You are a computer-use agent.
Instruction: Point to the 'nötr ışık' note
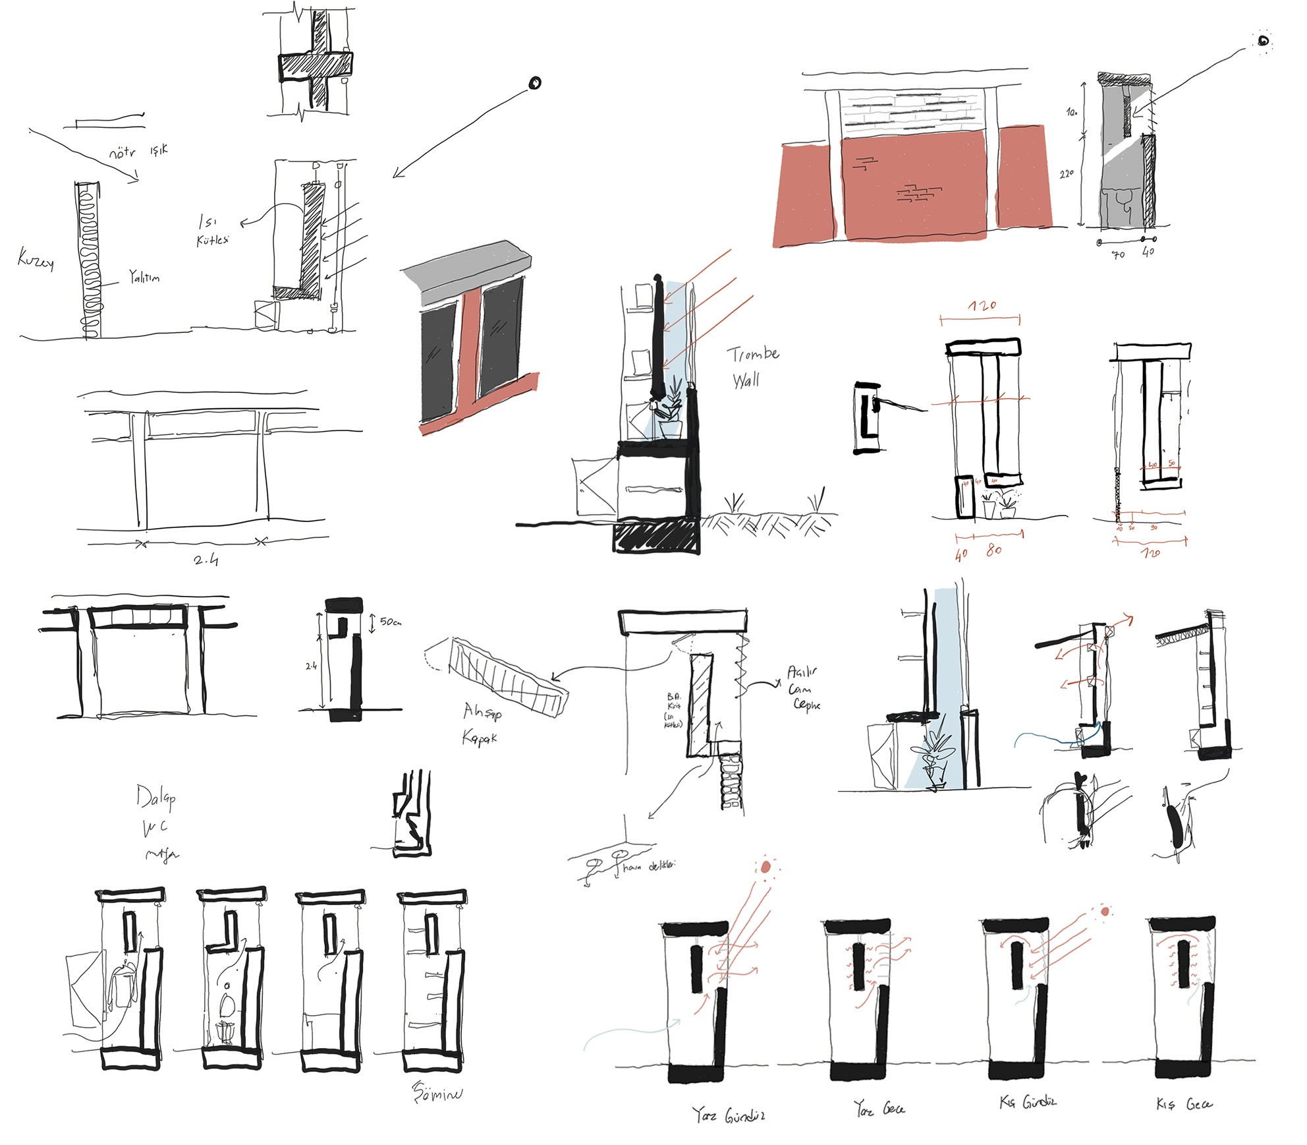point(138,152)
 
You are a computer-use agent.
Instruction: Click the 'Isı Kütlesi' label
point(212,231)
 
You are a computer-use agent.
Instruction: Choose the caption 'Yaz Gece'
point(879,1109)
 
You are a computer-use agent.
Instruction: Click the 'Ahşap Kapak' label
point(482,723)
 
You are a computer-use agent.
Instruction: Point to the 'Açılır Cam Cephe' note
point(803,688)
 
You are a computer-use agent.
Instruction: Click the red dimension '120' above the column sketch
point(982,306)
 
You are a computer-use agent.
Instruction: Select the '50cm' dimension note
point(390,622)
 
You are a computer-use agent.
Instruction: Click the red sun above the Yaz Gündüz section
point(765,867)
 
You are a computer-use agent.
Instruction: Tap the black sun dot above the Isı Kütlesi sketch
point(535,83)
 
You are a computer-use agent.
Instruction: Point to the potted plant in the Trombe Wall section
point(671,409)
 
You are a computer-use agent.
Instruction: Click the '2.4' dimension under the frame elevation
point(206,560)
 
